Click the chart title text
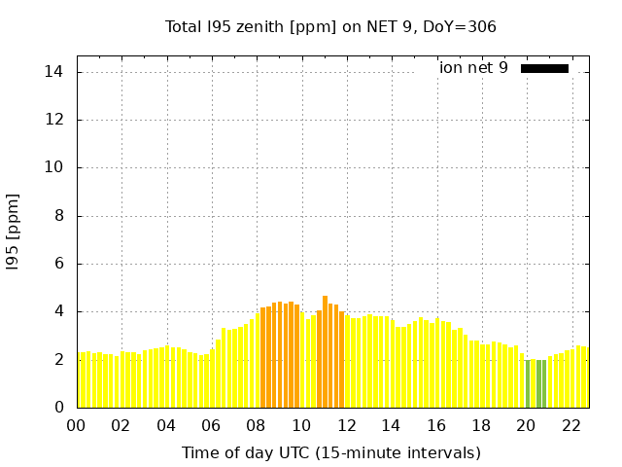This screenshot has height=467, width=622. [x=330, y=26]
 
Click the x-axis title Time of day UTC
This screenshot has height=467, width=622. [x=330, y=452]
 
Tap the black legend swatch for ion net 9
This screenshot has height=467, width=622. [x=544, y=68]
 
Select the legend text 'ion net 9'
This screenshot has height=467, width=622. [x=473, y=68]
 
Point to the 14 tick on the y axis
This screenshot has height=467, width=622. [x=54, y=72]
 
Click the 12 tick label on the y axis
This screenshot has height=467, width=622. [x=54, y=120]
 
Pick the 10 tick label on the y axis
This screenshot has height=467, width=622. [x=54, y=167]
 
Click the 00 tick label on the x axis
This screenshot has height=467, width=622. [x=77, y=425]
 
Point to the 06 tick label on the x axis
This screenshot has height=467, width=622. [x=212, y=425]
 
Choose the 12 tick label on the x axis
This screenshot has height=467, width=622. [x=347, y=425]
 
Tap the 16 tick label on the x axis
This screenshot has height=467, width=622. [x=436, y=425]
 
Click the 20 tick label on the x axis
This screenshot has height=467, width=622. [x=527, y=425]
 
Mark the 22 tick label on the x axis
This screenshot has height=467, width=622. [x=571, y=425]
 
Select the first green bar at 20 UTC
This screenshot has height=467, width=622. [x=528, y=383]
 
